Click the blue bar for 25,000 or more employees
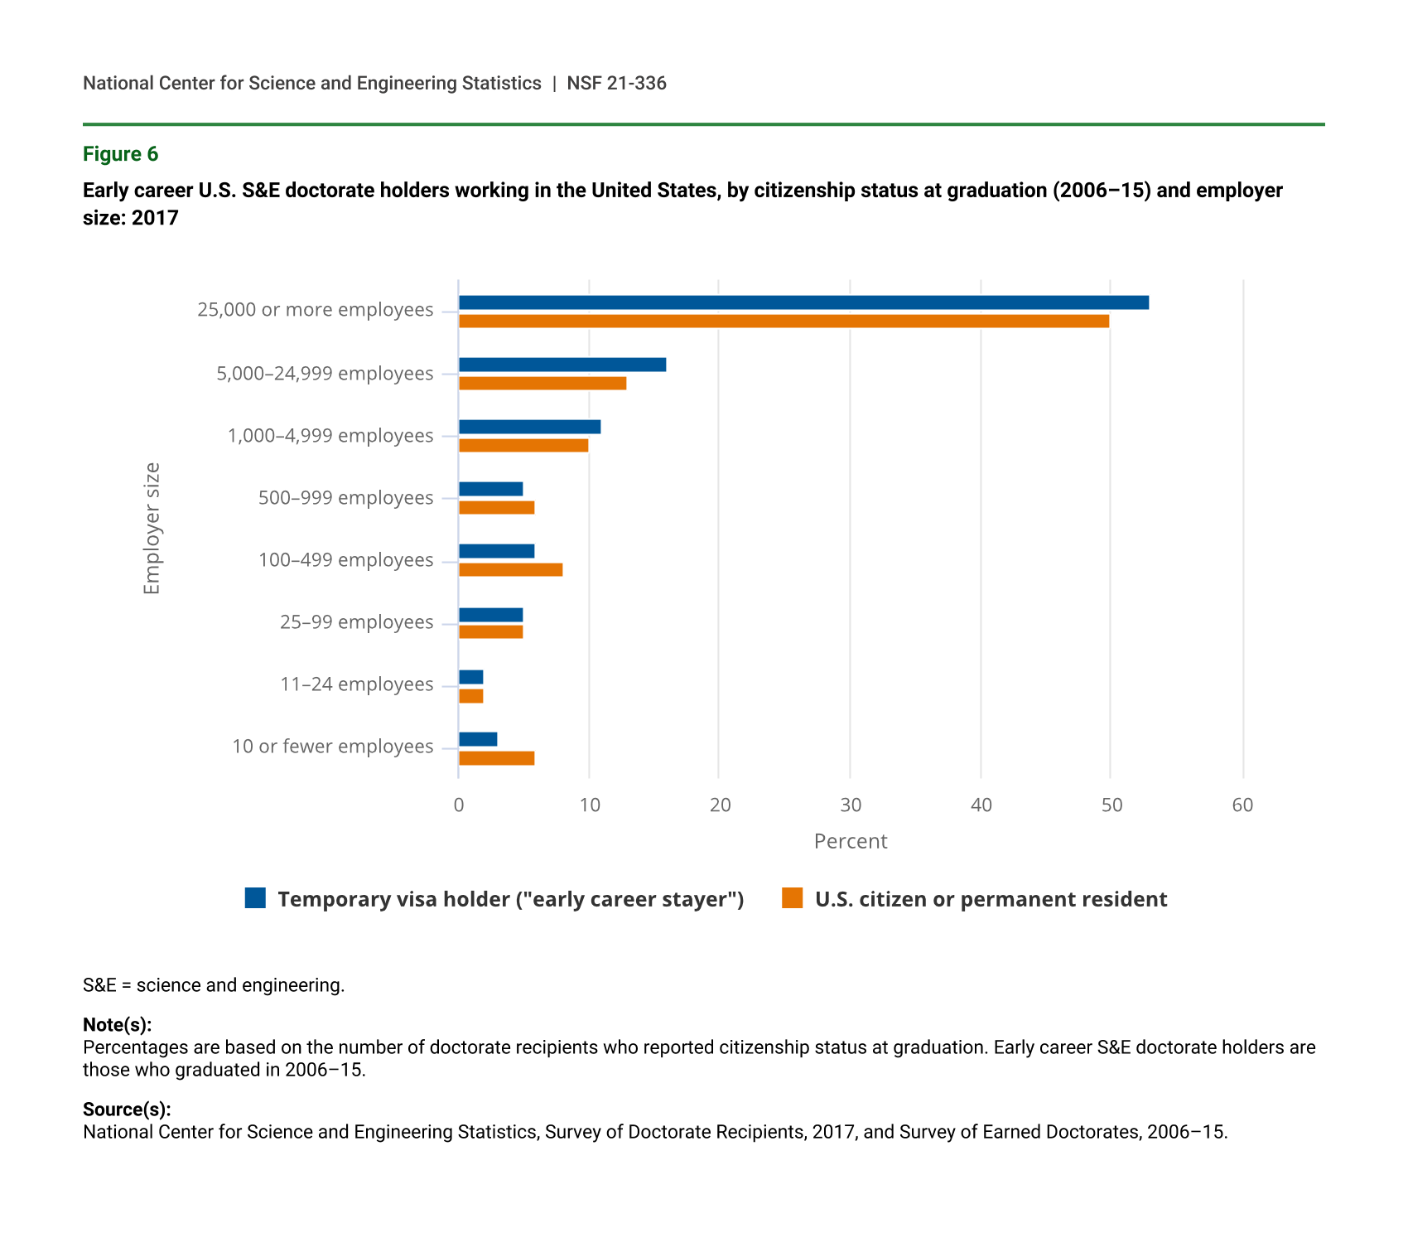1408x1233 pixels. (803, 302)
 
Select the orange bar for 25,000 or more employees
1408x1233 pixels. (784, 322)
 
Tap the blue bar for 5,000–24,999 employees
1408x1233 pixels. (562, 365)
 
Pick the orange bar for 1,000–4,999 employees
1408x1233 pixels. (523, 446)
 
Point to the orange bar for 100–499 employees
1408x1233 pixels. (510, 570)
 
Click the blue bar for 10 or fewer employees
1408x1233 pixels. (478, 739)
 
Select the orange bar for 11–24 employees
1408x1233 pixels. (471, 696)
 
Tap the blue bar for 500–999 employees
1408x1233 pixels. (490, 489)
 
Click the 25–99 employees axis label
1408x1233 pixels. (356, 622)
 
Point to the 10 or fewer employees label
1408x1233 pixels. (332, 747)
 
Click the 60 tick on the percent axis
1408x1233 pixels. (1242, 805)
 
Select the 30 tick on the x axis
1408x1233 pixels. (851, 805)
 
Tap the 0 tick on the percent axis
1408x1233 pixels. (459, 805)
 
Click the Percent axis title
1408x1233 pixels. (851, 842)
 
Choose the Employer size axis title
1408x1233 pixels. (152, 529)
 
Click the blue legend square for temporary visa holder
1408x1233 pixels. (255, 898)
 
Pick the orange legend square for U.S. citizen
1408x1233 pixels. (793, 898)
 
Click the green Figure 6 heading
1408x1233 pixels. (120, 155)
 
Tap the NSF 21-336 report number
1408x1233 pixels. (616, 84)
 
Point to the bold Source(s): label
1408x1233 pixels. (127, 1110)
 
